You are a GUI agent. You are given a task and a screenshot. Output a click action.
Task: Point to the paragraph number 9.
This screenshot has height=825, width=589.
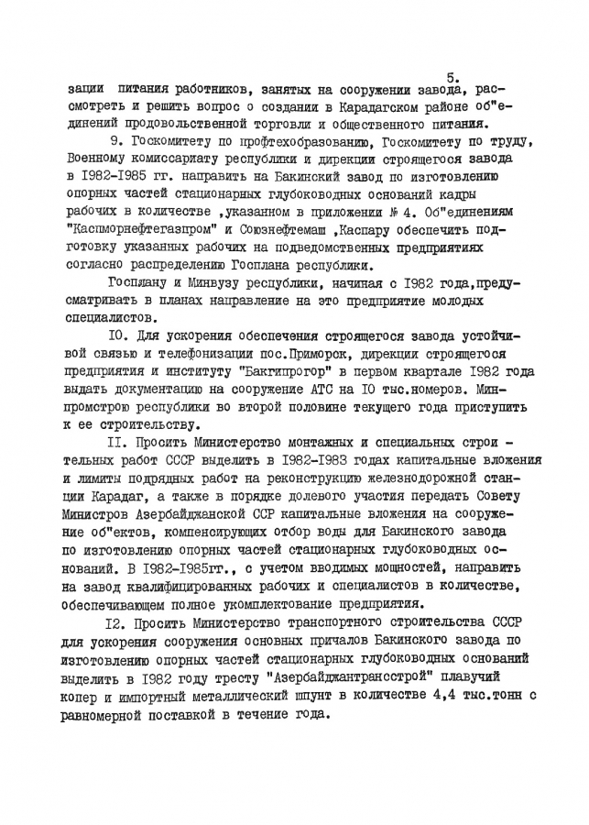pos(114,141)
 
